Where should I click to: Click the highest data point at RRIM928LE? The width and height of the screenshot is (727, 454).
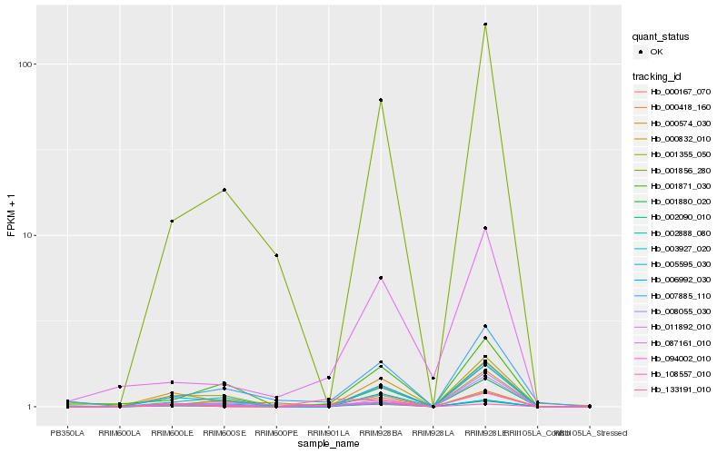(x=485, y=25)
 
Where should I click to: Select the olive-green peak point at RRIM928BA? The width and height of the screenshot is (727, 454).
(x=381, y=100)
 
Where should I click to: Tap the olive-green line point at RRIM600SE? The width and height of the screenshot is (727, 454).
(x=224, y=190)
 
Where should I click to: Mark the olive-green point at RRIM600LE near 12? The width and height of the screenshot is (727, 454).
(x=172, y=221)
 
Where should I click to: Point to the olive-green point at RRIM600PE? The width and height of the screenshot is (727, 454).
(x=276, y=255)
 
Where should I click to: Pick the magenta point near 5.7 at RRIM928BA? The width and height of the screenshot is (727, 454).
(x=381, y=278)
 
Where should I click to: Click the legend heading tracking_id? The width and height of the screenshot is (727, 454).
(x=658, y=75)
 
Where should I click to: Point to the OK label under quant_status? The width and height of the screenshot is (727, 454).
(x=656, y=52)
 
